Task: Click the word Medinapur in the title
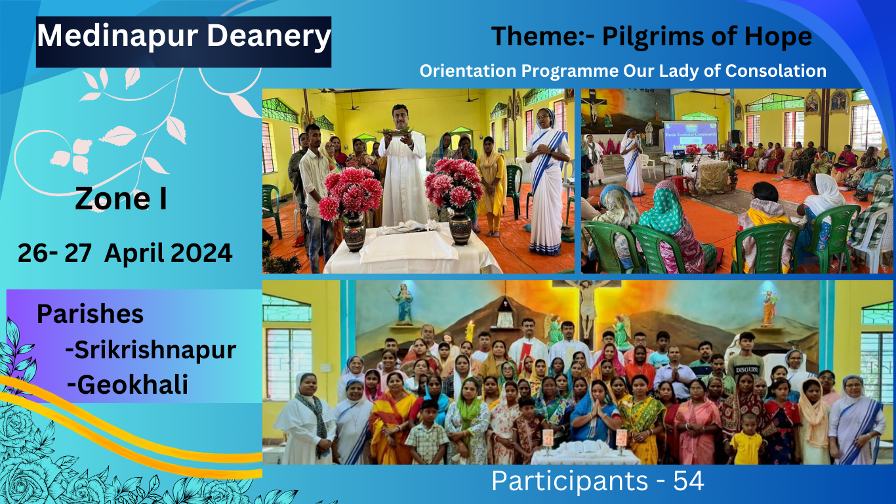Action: (x=117, y=36)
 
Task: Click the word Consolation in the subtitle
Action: (x=775, y=71)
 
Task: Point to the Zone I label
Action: (x=121, y=199)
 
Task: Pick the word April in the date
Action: (x=134, y=254)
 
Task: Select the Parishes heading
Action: (x=90, y=314)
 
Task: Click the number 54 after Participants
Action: (x=689, y=481)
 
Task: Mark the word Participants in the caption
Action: (x=569, y=481)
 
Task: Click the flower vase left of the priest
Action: (x=354, y=232)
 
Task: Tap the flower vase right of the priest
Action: (x=460, y=226)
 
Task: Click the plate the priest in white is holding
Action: (x=396, y=132)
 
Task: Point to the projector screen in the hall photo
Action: (x=690, y=138)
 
